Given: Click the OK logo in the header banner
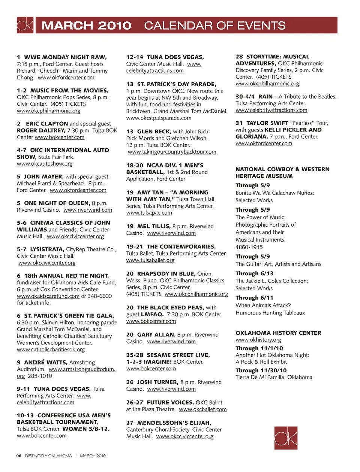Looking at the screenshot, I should point(25,25).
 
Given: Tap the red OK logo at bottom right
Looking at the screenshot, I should point(286,438).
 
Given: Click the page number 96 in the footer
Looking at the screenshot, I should point(19,456).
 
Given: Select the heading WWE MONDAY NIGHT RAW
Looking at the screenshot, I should point(65,57).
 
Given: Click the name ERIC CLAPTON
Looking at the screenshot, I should point(47,124).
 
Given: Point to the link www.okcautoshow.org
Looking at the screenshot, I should point(45,164).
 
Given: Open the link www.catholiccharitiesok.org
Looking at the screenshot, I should point(51,350).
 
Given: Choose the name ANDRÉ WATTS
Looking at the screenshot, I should point(46,363).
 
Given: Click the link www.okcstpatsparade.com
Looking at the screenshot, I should point(159,118).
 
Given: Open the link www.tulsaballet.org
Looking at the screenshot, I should point(150,260).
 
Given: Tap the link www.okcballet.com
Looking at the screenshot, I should point(203,409).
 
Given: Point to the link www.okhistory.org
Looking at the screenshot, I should point(258,340).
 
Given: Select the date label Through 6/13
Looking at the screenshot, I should point(254,273).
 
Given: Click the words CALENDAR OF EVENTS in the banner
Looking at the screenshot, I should point(214,25).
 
